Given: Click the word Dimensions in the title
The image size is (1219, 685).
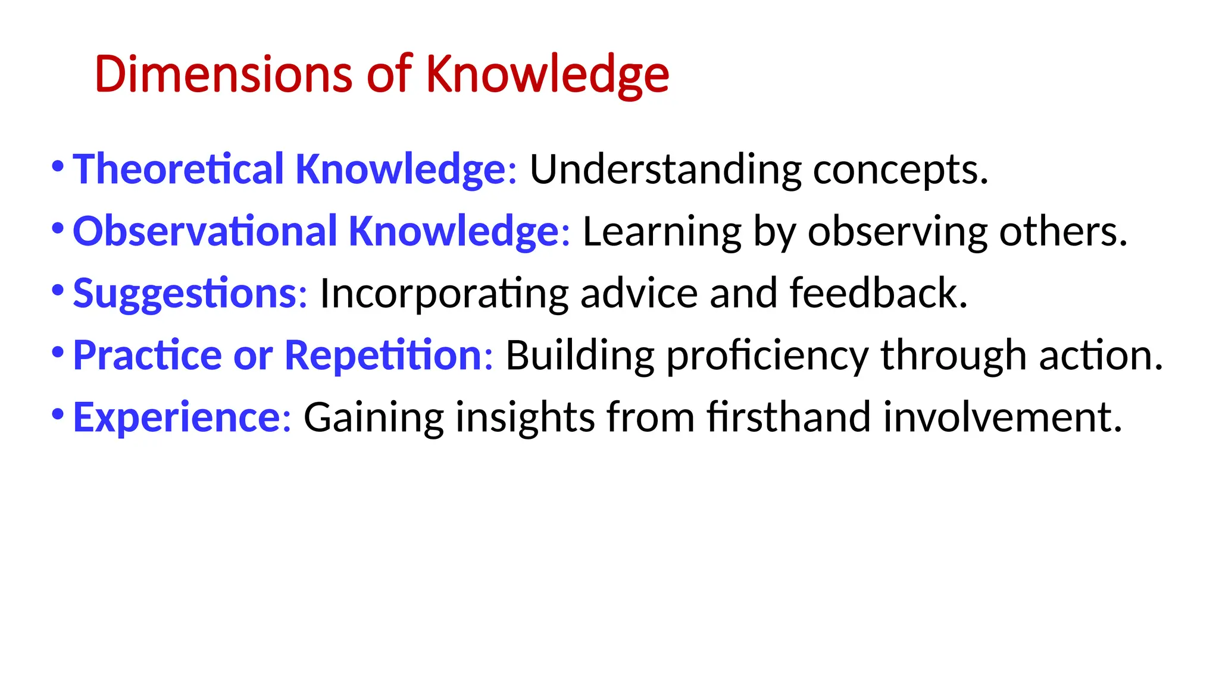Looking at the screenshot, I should [223, 74].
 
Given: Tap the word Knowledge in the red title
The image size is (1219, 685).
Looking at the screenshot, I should [548, 76].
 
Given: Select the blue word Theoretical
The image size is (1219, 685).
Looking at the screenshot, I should [178, 169].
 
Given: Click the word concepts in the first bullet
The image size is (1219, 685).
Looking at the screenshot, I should [901, 171].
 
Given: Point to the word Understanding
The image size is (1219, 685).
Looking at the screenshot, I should [665, 171].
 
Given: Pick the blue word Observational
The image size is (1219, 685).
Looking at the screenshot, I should [205, 231].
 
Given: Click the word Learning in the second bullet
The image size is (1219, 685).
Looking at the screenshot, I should [662, 232].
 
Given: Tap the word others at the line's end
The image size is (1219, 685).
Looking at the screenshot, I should [1063, 231].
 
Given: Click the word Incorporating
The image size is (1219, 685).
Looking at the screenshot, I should [444, 294].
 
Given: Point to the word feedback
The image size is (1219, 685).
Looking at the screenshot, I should [879, 293].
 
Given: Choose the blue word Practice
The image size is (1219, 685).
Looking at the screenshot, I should [148, 356].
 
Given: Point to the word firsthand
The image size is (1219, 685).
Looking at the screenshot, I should [789, 417].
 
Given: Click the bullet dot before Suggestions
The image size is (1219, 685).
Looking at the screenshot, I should [58, 291].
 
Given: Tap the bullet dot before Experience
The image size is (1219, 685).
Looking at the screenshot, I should [58, 414].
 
